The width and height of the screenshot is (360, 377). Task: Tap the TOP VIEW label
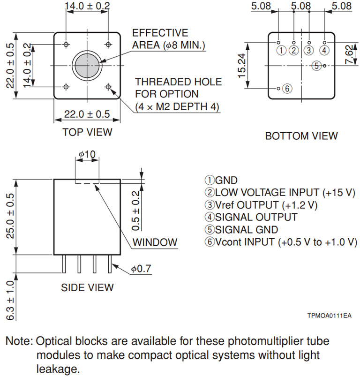87,132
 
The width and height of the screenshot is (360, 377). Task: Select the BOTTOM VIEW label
301,136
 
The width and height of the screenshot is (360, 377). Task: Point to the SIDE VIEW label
87,287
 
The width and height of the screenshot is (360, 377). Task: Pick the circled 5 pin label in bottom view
317,66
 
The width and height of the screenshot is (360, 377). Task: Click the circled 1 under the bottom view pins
281,50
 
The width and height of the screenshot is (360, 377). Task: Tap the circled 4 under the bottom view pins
324,50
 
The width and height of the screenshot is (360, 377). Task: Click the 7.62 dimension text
349,55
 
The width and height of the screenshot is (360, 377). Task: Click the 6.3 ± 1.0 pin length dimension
10,301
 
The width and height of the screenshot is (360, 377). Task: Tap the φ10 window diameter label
87,154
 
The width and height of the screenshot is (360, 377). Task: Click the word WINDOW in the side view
155,242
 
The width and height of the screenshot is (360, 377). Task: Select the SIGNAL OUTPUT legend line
251,217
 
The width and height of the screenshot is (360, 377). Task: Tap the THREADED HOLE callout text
179,82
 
